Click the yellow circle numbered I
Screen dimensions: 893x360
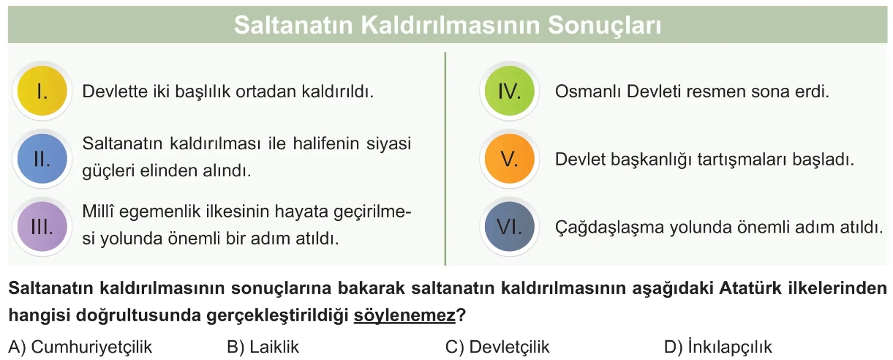[x=42, y=91]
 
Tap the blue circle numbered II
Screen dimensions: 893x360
[x=42, y=159]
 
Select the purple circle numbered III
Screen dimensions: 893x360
[x=42, y=226]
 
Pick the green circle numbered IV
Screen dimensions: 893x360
[x=510, y=91]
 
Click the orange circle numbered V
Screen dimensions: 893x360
[x=510, y=159]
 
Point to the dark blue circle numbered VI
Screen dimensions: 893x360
[x=510, y=226]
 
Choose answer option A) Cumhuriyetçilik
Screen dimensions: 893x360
[x=80, y=347]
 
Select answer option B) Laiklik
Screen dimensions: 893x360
[x=263, y=347]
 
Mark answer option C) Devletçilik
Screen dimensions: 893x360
[x=497, y=347]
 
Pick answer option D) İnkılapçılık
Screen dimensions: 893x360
[x=718, y=347]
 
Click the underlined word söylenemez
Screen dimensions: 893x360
[x=404, y=316]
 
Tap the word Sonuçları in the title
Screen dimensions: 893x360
[x=605, y=26]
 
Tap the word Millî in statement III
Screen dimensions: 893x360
[x=97, y=211]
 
